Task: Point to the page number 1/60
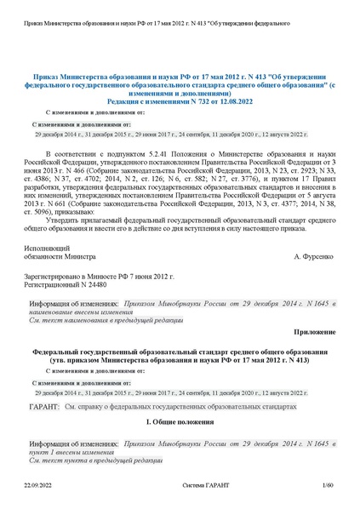tap(329, 485)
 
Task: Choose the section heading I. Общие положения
tap(181, 422)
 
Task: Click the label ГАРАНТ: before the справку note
tap(44, 407)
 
